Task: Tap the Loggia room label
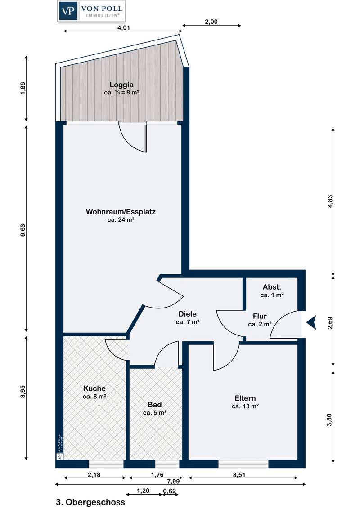point(121,85)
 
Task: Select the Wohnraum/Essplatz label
point(121,212)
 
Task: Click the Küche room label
point(94,388)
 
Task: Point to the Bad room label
point(155,405)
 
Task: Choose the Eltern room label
point(245,398)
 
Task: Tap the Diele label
point(188,314)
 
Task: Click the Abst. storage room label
point(272,287)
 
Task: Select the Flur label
point(260,316)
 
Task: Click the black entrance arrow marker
point(311,323)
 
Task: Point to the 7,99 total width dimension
point(174,481)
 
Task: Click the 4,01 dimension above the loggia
point(123,27)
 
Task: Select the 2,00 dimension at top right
point(211,22)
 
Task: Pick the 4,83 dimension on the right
point(330,201)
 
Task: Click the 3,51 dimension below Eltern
point(239,474)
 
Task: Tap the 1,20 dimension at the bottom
point(143,491)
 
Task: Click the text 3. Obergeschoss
point(90,502)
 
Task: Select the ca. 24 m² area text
point(121,220)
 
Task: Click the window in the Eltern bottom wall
point(243,464)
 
